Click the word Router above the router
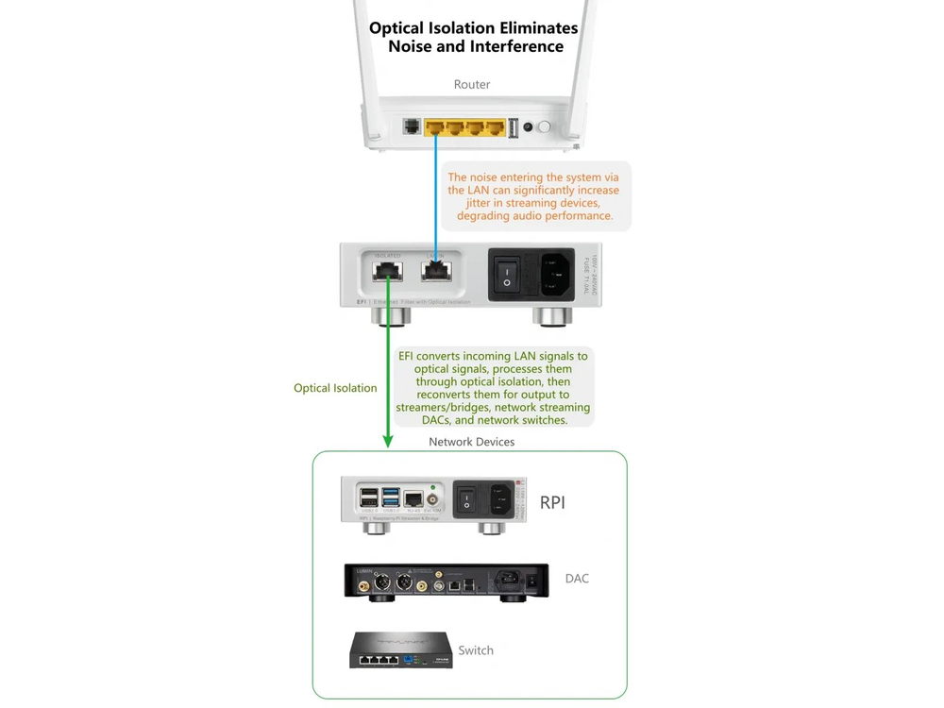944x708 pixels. [472, 85]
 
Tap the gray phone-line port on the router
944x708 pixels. [412, 126]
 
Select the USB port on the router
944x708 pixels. [513, 127]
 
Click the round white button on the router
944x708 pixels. [544, 126]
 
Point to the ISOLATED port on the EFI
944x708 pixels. [387, 272]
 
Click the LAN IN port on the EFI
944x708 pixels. [435, 272]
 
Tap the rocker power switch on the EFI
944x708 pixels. [507, 274]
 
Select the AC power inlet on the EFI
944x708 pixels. [555, 274]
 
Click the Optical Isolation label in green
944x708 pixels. [335, 388]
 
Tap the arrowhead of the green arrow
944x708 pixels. [387, 441]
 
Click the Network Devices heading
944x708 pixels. [472, 442]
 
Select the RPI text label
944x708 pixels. [552, 503]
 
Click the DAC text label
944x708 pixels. [577, 579]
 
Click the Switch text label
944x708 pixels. [476, 650]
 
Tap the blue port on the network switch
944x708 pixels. [410, 658]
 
